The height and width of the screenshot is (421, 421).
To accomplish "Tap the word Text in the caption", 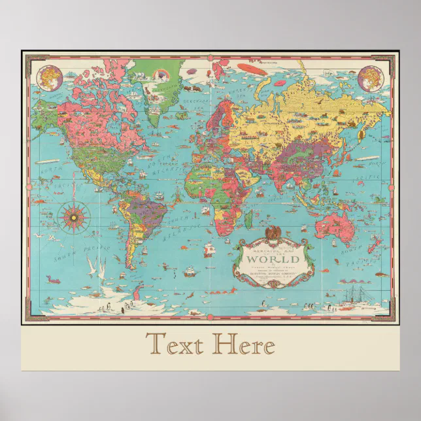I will pos(175,343).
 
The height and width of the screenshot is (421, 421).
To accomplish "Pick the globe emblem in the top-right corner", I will pos(371,75).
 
